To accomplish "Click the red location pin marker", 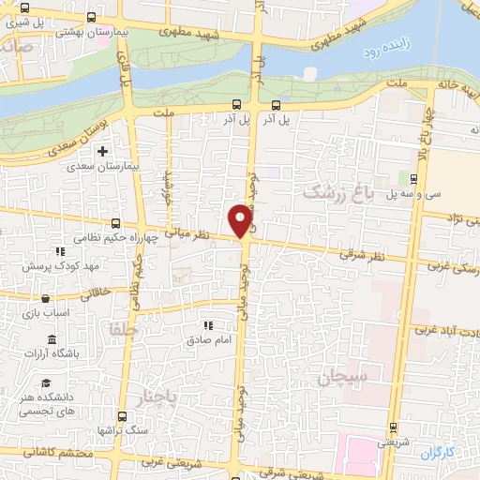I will click(241, 219).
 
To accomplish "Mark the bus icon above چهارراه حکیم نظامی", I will click(115, 222).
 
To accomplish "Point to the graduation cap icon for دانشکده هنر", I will click(45, 382).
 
